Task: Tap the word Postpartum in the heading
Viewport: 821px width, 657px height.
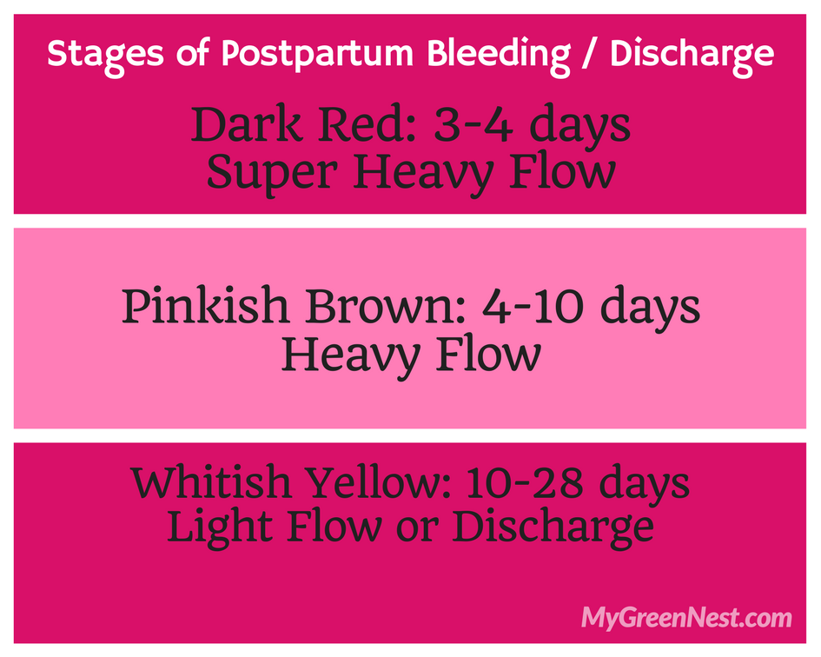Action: [x=317, y=55]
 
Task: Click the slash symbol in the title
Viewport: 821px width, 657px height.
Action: [x=590, y=55]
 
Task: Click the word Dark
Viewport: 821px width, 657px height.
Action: [x=246, y=124]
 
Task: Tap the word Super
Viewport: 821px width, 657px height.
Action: [x=272, y=173]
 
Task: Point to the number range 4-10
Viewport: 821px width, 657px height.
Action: [x=533, y=306]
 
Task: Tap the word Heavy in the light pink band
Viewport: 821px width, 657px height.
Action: [x=351, y=355]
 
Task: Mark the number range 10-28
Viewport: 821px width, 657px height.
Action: [x=524, y=482]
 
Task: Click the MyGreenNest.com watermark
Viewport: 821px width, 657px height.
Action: [x=686, y=617]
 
